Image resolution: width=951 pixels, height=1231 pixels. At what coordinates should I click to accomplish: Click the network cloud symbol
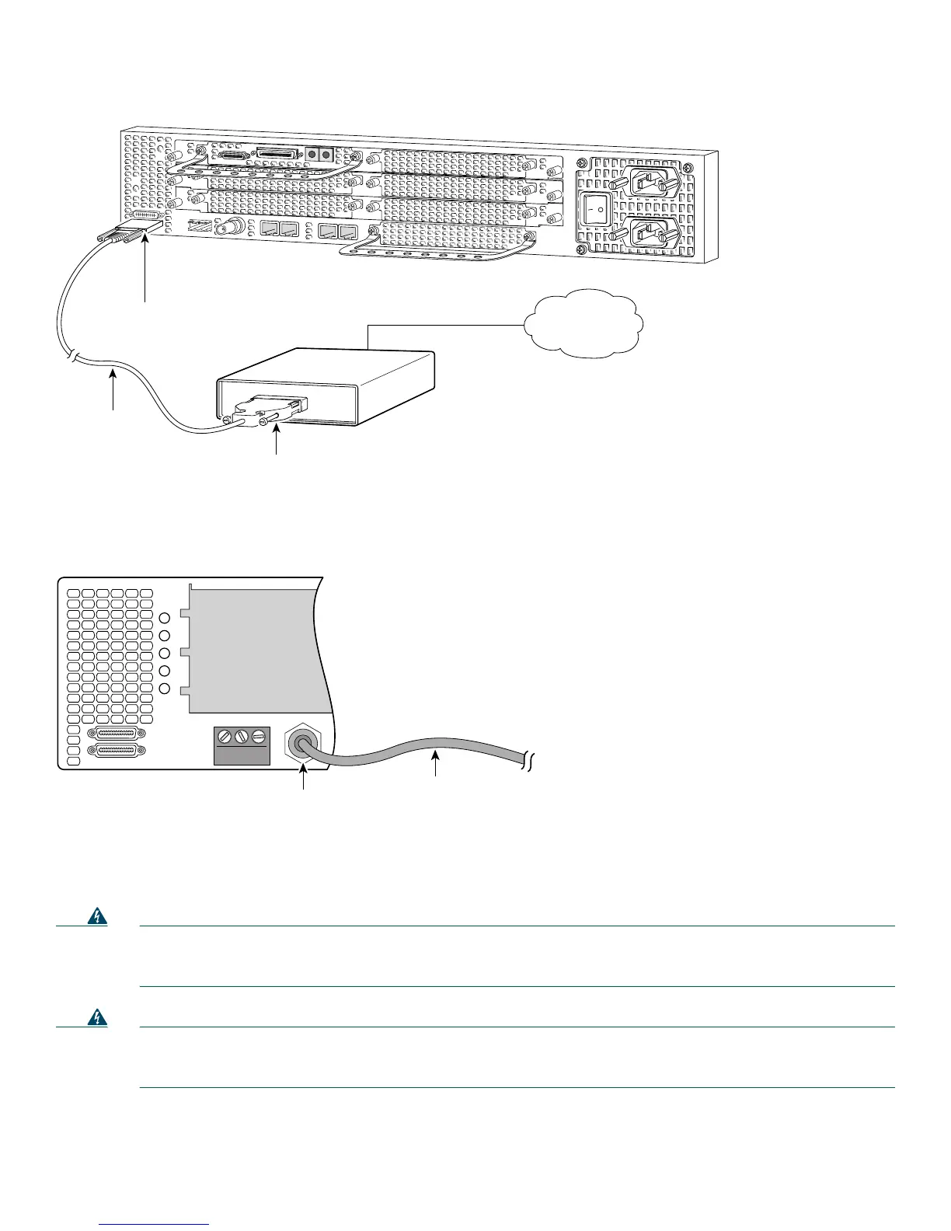pyautogui.click(x=583, y=323)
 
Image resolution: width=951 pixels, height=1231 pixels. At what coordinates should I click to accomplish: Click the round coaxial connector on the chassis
pyautogui.click(x=232, y=229)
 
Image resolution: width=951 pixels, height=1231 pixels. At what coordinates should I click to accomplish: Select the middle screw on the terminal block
pyautogui.click(x=241, y=735)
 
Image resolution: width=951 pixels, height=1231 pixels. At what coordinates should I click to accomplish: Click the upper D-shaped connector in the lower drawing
pyautogui.click(x=117, y=734)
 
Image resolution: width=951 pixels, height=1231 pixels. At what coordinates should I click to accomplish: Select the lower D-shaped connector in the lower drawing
pyautogui.click(x=117, y=751)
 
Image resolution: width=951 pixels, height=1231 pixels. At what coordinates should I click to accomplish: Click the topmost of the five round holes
pyautogui.click(x=164, y=619)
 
